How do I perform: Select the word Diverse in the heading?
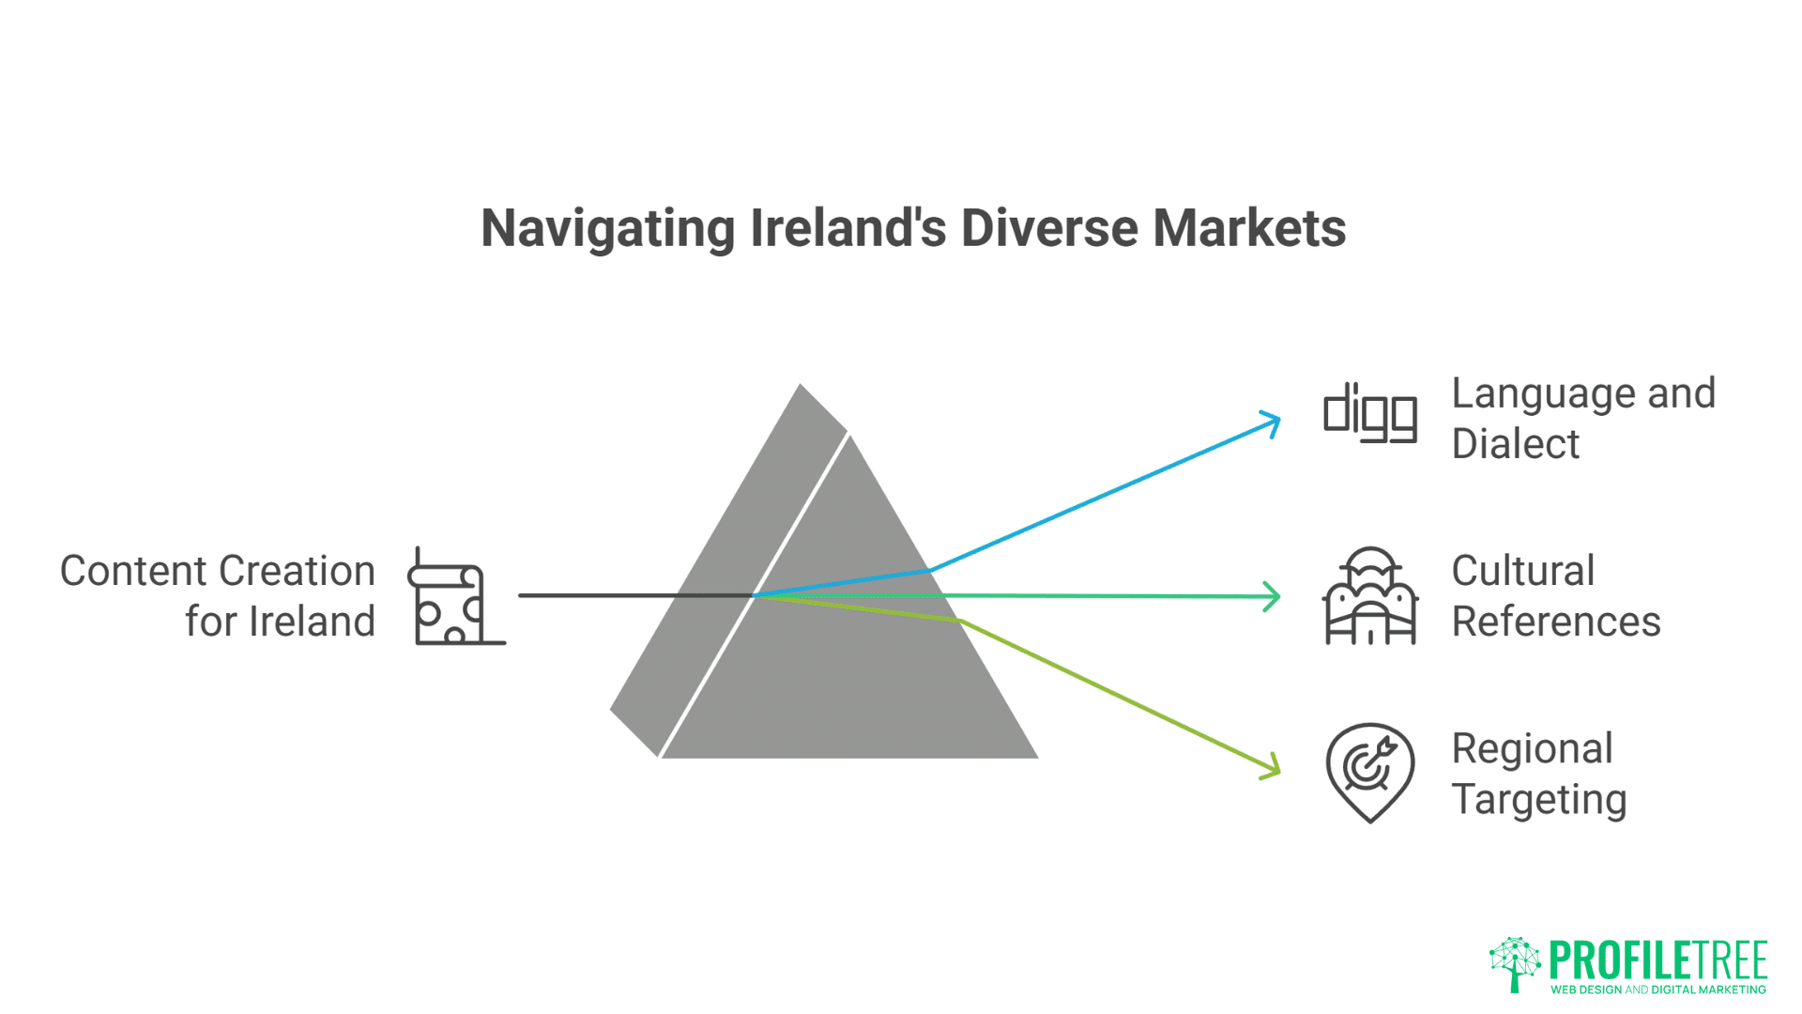1049,228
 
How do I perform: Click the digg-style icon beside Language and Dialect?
1370,412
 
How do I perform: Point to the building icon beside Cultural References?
1370,595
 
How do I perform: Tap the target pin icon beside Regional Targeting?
1370,773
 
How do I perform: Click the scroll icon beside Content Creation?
457,596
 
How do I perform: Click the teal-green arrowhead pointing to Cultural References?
1272,596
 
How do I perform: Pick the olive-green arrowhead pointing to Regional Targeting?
1271,766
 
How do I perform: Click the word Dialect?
1516,443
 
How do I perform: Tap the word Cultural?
1523,571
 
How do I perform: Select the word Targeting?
1539,801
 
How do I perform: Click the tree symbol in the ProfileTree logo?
1515,964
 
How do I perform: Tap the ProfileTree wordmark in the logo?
1658,960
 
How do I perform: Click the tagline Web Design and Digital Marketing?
1658,990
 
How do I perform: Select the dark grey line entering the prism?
636,595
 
